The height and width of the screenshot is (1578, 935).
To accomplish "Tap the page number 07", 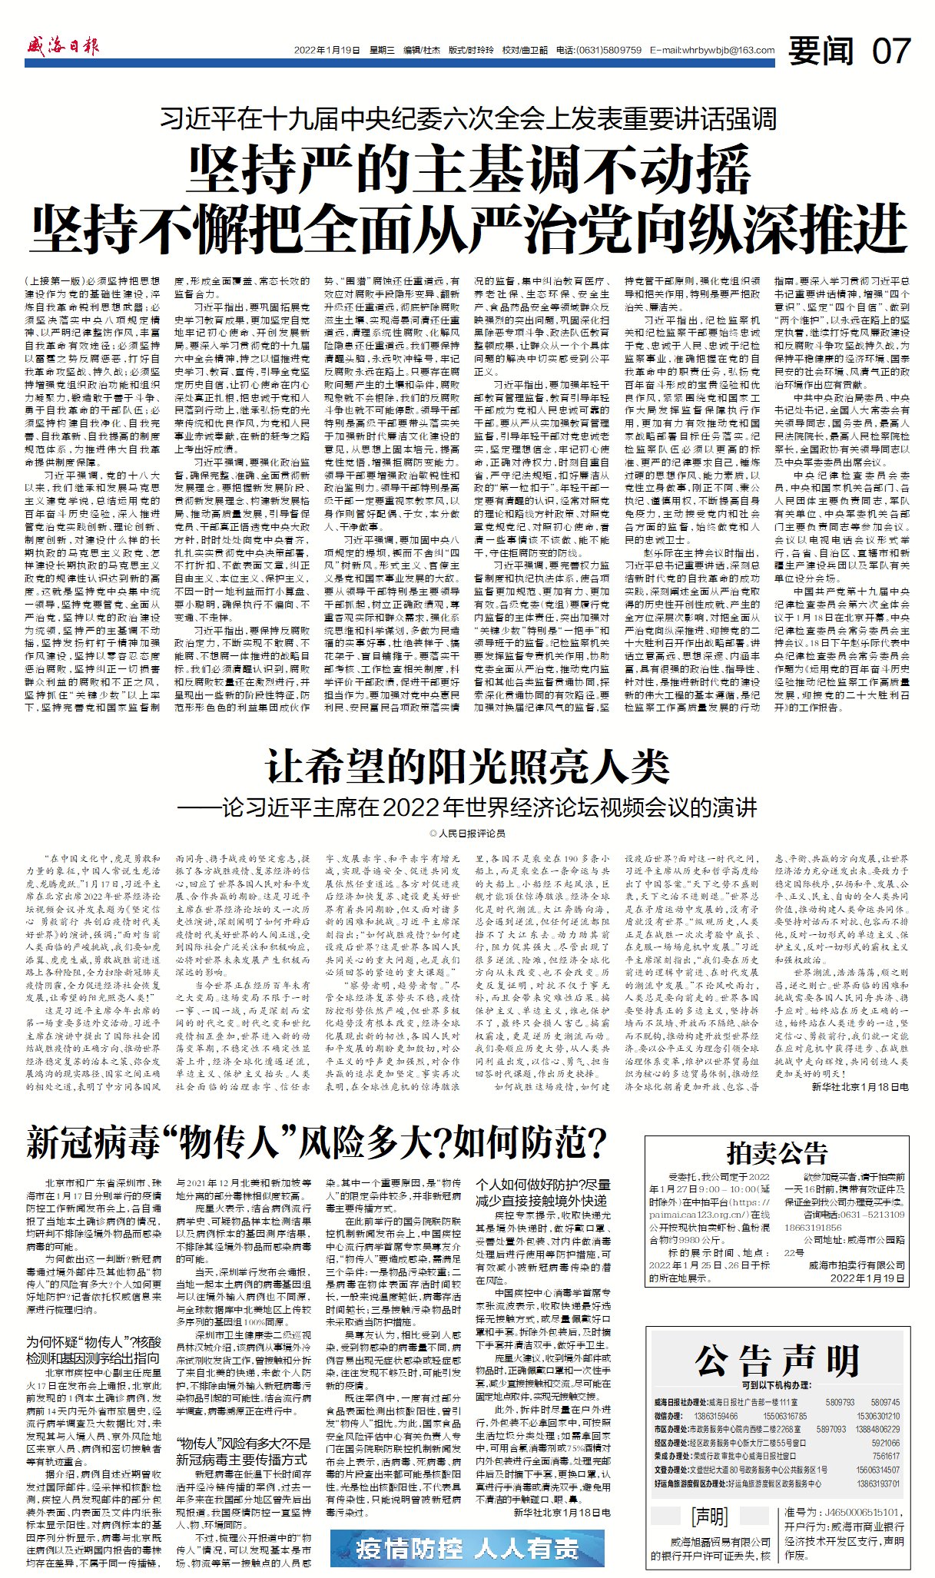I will [x=891, y=51].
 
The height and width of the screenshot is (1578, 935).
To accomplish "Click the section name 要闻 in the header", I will [x=821, y=51].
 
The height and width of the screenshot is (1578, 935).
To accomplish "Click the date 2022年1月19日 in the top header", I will [x=327, y=51].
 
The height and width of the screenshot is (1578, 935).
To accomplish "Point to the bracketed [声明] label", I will [x=709, y=1517].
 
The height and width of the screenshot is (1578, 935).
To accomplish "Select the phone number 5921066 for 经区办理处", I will [x=886, y=1443].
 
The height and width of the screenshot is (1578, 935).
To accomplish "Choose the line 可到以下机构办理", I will [x=776, y=1385].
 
